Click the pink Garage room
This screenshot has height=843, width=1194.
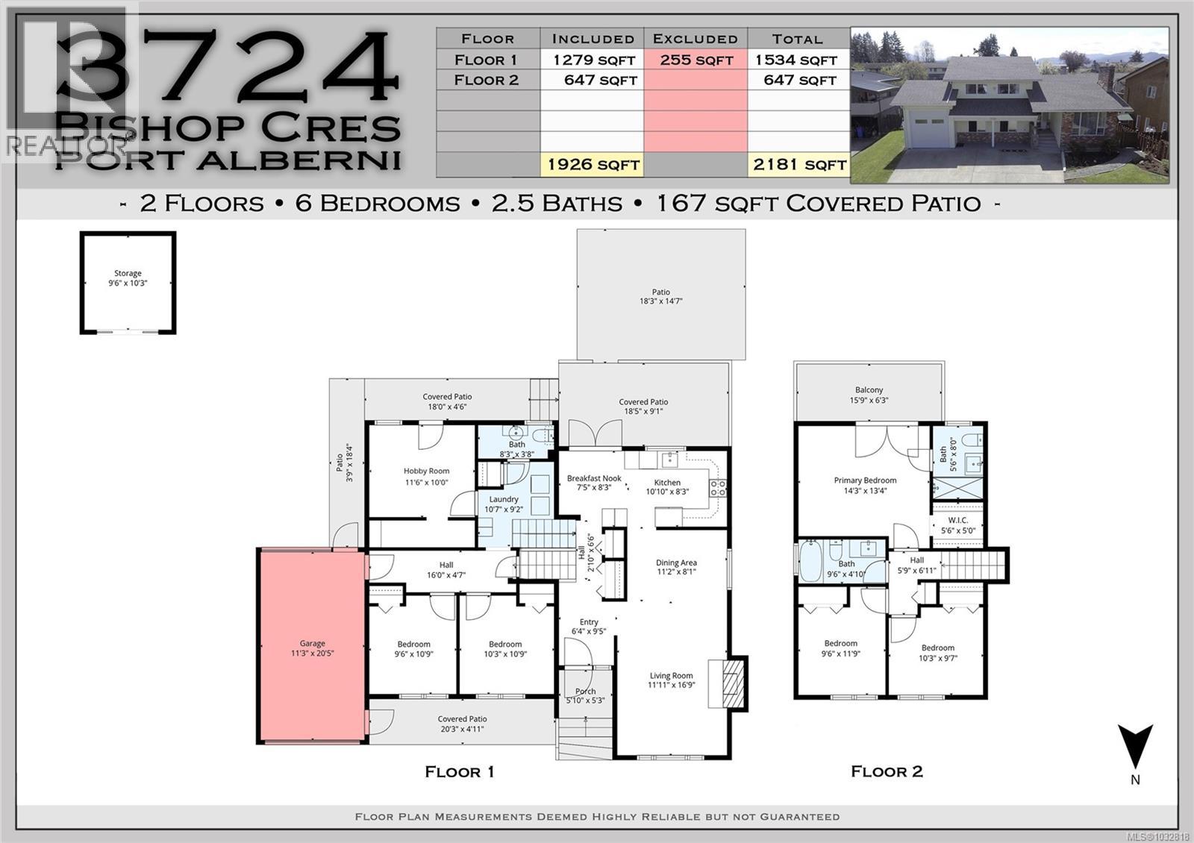click(x=312, y=646)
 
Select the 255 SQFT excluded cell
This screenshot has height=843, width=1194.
click(x=696, y=60)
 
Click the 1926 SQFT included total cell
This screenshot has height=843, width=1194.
click(x=593, y=164)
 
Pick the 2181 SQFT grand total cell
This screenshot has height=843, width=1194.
click(x=799, y=164)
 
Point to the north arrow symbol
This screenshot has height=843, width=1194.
click(x=1135, y=746)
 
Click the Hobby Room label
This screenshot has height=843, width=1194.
click(x=426, y=471)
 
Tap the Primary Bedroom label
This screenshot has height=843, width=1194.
click(x=865, y=480)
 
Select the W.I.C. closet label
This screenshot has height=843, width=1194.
click(x=957, y=520)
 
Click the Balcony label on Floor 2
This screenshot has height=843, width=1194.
click(x=869, y=390)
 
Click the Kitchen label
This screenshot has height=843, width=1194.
click(x=667, y=483)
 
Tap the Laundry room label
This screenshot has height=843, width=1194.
click(x=504, y=500)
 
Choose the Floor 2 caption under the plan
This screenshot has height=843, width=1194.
click(x=887, y=771)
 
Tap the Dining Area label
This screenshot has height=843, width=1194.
click(x=677, y=563)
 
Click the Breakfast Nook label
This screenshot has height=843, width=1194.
click(x=594, y=479)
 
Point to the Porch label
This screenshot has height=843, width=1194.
click(x=586, y=692)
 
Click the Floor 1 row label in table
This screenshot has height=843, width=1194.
click(x=487, y=60)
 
